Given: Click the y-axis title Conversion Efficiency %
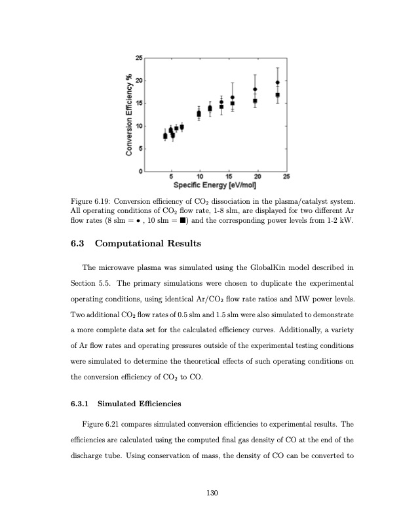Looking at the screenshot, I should click(129, 115).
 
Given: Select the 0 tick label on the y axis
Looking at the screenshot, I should click(138, 171).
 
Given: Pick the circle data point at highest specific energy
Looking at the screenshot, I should click(277, 83).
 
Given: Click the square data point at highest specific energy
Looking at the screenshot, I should click(277, 95).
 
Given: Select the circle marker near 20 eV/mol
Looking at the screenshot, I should click(255, 89).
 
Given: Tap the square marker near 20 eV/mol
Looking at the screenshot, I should click(255, 101).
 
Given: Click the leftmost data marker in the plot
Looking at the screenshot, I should click(165, 136).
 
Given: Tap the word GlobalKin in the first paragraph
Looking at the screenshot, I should click(259, 267).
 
